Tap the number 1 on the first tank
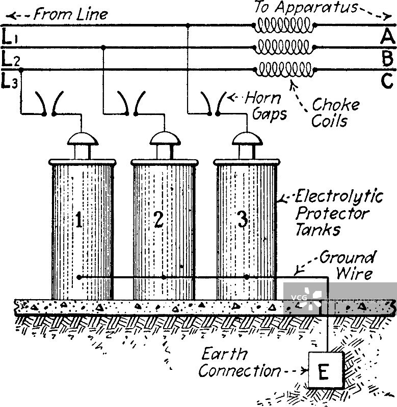(x=79, y=220)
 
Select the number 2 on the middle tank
(x=158, y=220)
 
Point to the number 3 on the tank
(x=242, y=220)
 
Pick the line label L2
(x=10, y=60)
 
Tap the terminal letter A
(x=387, y=37)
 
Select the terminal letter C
(x=387, y=80)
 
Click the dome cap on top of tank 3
(x=246, y=139)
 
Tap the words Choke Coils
(x=335, y=113)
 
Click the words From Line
(x=70, y=14)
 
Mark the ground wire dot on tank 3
(x=246, y=277)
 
